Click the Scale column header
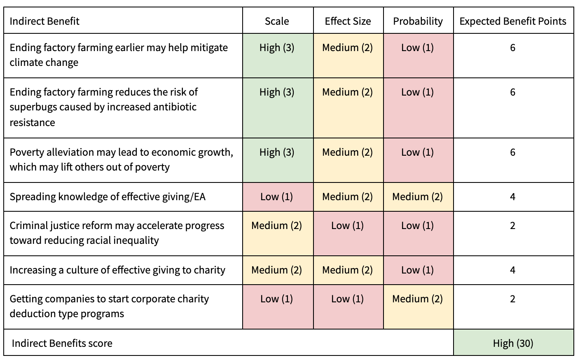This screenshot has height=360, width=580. [277, 21]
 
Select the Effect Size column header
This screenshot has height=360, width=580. [348, 21]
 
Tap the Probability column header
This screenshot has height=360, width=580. [418, 21]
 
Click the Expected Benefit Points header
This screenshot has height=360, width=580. [513, 21]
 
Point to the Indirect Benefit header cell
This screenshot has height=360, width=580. [44, 21]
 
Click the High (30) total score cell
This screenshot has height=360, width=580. [513, 343]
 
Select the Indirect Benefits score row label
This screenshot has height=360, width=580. [62, 343]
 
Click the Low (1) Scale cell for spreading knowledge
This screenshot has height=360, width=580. [277, 197]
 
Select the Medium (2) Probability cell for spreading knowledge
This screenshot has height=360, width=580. [418, 197]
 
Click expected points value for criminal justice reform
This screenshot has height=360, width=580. [513, 226]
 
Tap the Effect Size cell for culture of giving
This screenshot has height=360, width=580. [348, 270]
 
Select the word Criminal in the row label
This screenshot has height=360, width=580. [26, 226]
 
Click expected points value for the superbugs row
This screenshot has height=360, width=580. [513, 92]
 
